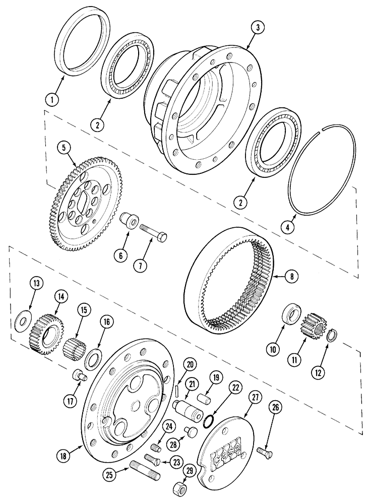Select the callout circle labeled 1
pyautogui.click(x=51, y=99)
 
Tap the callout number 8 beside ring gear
pyautogui.click(x=291, y=276)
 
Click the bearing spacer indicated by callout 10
pyautogui.click(x=291, y=313)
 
